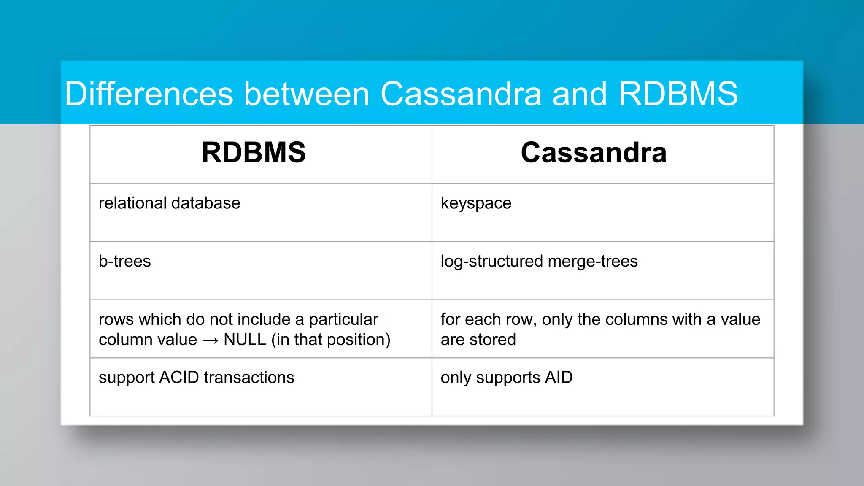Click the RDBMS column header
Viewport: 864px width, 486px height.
pos(254,153)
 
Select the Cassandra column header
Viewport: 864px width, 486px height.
pos(594,153)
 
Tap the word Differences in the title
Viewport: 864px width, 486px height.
pos(149,94)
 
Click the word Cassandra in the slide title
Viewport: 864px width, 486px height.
pos(461,94)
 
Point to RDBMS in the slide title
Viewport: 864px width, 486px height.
pos(678,94)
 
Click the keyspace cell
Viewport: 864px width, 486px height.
pos(476,203)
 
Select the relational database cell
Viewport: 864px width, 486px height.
pos(169,203)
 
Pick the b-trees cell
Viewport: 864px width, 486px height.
pos(124,262)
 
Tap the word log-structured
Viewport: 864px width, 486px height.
pos(492,262)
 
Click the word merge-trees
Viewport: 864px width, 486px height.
pos(592,262)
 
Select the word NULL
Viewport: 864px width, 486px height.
pos(245,340)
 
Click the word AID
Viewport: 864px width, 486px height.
pos(559,378)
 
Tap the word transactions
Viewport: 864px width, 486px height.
pos(249,378)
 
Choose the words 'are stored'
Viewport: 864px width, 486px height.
pos(478,340)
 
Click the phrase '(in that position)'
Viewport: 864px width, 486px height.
pos(331,340)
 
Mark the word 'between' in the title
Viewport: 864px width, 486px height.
pos(307,94)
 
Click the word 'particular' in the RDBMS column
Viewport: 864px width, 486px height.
pos(343,320)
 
